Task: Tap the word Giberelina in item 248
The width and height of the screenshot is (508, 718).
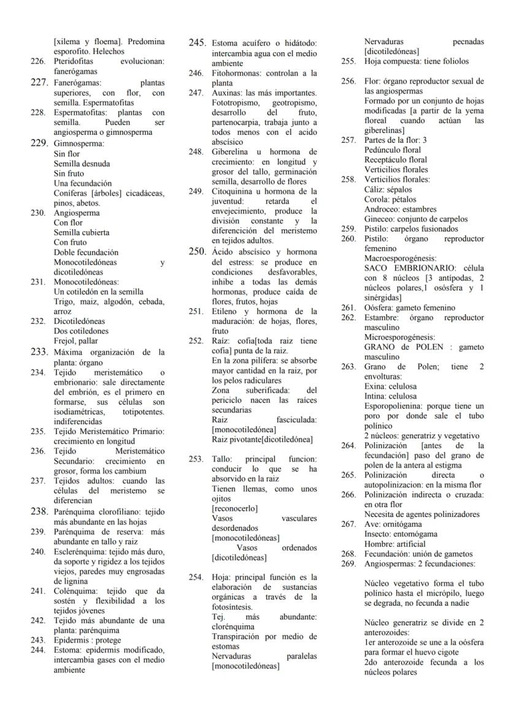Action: point(231,151)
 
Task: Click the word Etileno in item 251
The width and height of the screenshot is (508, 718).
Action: point(226,311)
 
